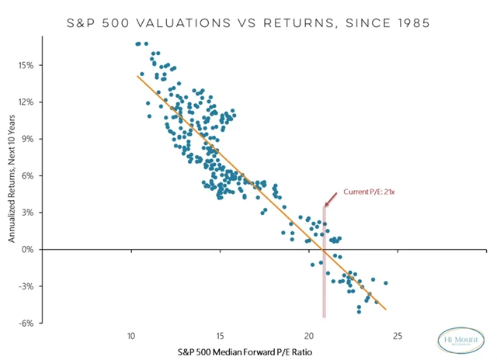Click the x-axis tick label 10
pyautogui.click(x=132, y=336)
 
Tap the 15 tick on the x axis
pyautogui.click(x=221, y=336)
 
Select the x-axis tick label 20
pyautogui.click(x=309, y=336)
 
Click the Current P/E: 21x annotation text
pyautogui.click(x=369, y=191)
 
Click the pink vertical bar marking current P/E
pyautogui.click(x=324, y=264)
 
